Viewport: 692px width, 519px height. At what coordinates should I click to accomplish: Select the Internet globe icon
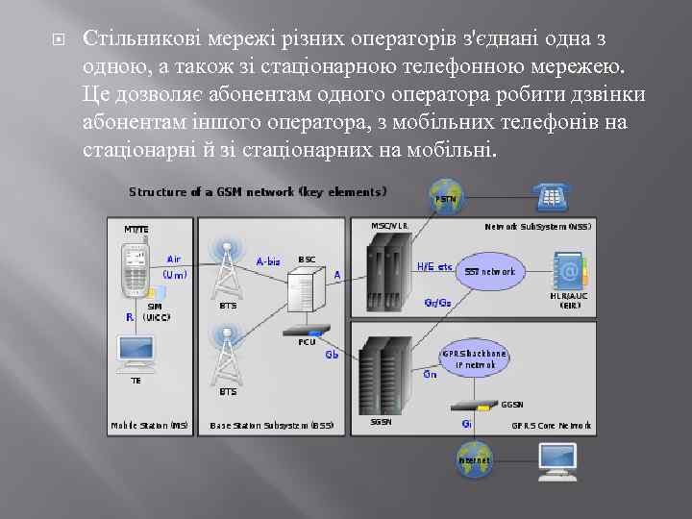[474, 458]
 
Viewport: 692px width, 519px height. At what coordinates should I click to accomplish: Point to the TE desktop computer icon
[136, 354]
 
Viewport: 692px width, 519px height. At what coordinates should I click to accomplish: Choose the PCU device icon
[307, 329]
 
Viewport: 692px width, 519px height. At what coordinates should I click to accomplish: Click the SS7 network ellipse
[490, 271]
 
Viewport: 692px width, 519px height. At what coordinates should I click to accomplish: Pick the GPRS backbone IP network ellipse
[474, 358]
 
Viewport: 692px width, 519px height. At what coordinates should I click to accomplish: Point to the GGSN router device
[477, 404]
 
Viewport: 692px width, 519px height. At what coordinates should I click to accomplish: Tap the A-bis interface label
[269, 259]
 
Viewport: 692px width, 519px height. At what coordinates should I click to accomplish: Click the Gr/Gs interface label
[437, 302]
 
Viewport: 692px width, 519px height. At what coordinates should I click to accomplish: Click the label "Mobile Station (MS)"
[149, 425]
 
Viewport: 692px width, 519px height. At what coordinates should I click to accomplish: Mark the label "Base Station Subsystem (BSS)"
[272, 425]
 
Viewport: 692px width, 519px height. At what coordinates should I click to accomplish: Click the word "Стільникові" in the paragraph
[136, 40]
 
